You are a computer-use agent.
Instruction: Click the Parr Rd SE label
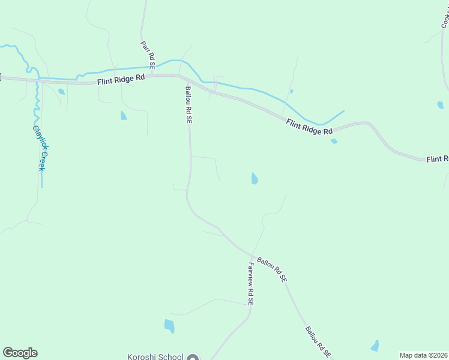pyautogui.click(x=148, y=54)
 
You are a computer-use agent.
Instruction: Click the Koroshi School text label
pyautogui.click(x=155, y=357)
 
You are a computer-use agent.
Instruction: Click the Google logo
pyautogui.click(x=20, y=353)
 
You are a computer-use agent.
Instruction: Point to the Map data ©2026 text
pyautogui.click(x=424, y=355)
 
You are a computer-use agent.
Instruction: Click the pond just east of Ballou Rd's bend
pyautogui.click(x=255, y=178)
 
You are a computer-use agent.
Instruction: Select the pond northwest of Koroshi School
pyautogui.click(x=169, y=326)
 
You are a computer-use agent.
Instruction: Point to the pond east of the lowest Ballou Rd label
pyautogui.click(x=375, y=346)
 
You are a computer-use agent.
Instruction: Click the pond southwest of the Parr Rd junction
pyautogui.click(x=124, y=115)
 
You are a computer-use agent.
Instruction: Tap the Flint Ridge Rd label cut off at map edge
pyautogui.click(x=437, y=159)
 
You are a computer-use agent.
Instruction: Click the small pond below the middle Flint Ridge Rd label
pyautogui.click(x=334, y=141)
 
